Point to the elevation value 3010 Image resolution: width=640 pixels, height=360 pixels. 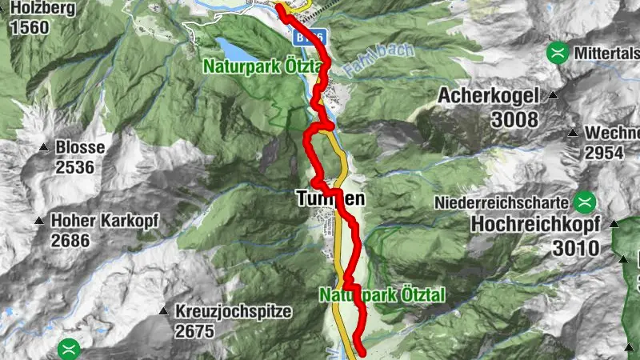575,248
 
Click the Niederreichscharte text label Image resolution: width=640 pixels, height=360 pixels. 504,202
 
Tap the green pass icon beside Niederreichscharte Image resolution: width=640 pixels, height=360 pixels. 586,201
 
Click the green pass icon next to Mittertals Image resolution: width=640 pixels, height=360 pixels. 557,54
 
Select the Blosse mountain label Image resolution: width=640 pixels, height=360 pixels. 80,148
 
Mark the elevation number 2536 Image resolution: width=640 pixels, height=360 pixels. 75,167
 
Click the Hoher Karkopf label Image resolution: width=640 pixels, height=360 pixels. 105,220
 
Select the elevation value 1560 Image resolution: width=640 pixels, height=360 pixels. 30,28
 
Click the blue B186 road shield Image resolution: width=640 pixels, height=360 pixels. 307,38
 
